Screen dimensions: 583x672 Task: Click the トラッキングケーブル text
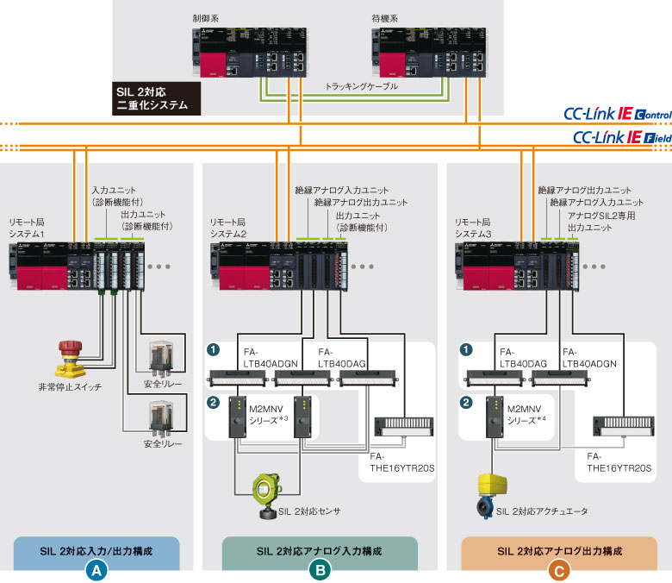click(362, 87)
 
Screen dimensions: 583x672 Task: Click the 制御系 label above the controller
click(206, 17)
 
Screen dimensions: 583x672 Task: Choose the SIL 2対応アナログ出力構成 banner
click(560, 549)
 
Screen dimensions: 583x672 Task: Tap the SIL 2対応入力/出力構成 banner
click(96, 549)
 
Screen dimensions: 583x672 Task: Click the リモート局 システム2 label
click(229, 228)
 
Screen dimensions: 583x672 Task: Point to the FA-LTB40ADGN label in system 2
click(271, 358)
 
